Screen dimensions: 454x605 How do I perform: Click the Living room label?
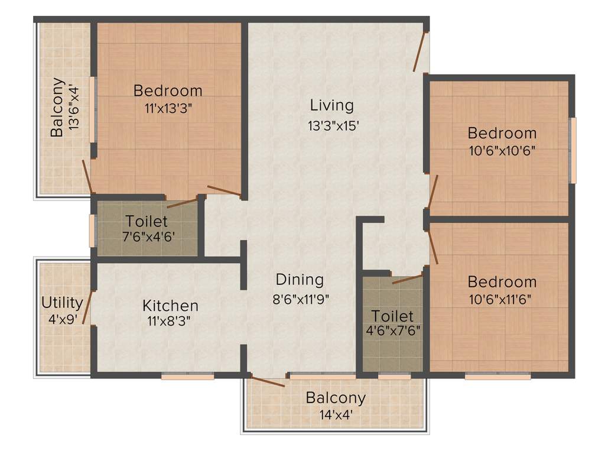tap(331, 106)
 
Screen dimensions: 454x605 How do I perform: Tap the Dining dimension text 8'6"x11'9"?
tap(300, 299)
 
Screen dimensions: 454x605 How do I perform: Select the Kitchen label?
tap(170, 306)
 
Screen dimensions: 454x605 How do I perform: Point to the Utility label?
tap(62, 303)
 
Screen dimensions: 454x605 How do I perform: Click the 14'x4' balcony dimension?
tap(336, 415)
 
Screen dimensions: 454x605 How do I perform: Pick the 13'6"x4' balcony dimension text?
tap(73, 108)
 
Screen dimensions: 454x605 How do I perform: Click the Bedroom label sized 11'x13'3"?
tap(168, 91)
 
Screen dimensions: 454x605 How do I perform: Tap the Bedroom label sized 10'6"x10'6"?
tap(502, 132)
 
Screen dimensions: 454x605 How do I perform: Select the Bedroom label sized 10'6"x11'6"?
tap(502, 281)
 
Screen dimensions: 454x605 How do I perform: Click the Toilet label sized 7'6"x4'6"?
tap(147, 222)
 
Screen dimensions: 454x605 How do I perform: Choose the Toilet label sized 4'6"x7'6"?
tap(392, 316)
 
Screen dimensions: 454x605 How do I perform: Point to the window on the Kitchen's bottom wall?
tap(187, 375)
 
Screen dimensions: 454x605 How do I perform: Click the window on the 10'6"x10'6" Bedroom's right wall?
tap(571, 150)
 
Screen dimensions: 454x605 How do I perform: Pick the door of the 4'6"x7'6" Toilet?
tap(407, 278)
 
